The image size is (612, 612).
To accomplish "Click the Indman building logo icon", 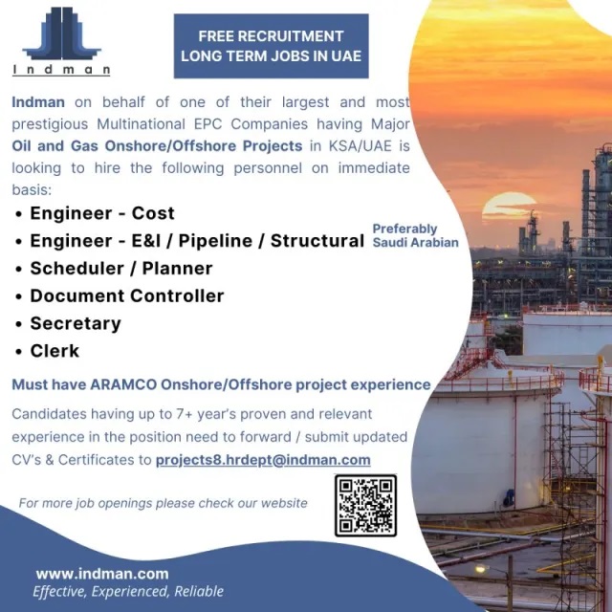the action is pos(61,33).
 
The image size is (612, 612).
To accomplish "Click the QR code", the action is pos(365,506).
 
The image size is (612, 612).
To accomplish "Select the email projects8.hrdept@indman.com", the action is pos(263,460).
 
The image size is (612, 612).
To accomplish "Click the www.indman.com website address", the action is pos(102,574).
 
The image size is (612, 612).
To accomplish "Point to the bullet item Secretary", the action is pos(76,323).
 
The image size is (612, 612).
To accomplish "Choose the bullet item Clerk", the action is pos(55,351).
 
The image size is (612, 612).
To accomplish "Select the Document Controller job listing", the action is pos(127,295).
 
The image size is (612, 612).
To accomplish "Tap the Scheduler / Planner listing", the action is pos(121,268).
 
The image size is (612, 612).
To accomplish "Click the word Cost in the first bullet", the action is pos(153,213).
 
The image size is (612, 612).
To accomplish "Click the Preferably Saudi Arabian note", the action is pos(415,235).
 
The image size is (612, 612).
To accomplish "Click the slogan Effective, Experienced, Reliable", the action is pos(128,591).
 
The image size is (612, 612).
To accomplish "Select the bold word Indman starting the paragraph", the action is pos(38,102).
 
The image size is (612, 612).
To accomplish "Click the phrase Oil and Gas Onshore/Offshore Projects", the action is pos(157,145).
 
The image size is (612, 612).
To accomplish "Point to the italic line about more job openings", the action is pos(164,503).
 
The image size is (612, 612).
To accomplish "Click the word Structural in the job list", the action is pos(317,241).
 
